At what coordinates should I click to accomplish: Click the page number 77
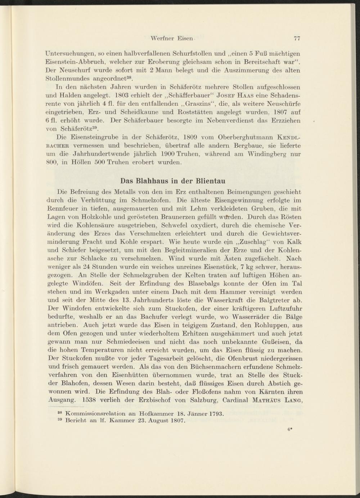(297, 38)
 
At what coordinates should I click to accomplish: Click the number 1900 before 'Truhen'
(165, 154)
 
